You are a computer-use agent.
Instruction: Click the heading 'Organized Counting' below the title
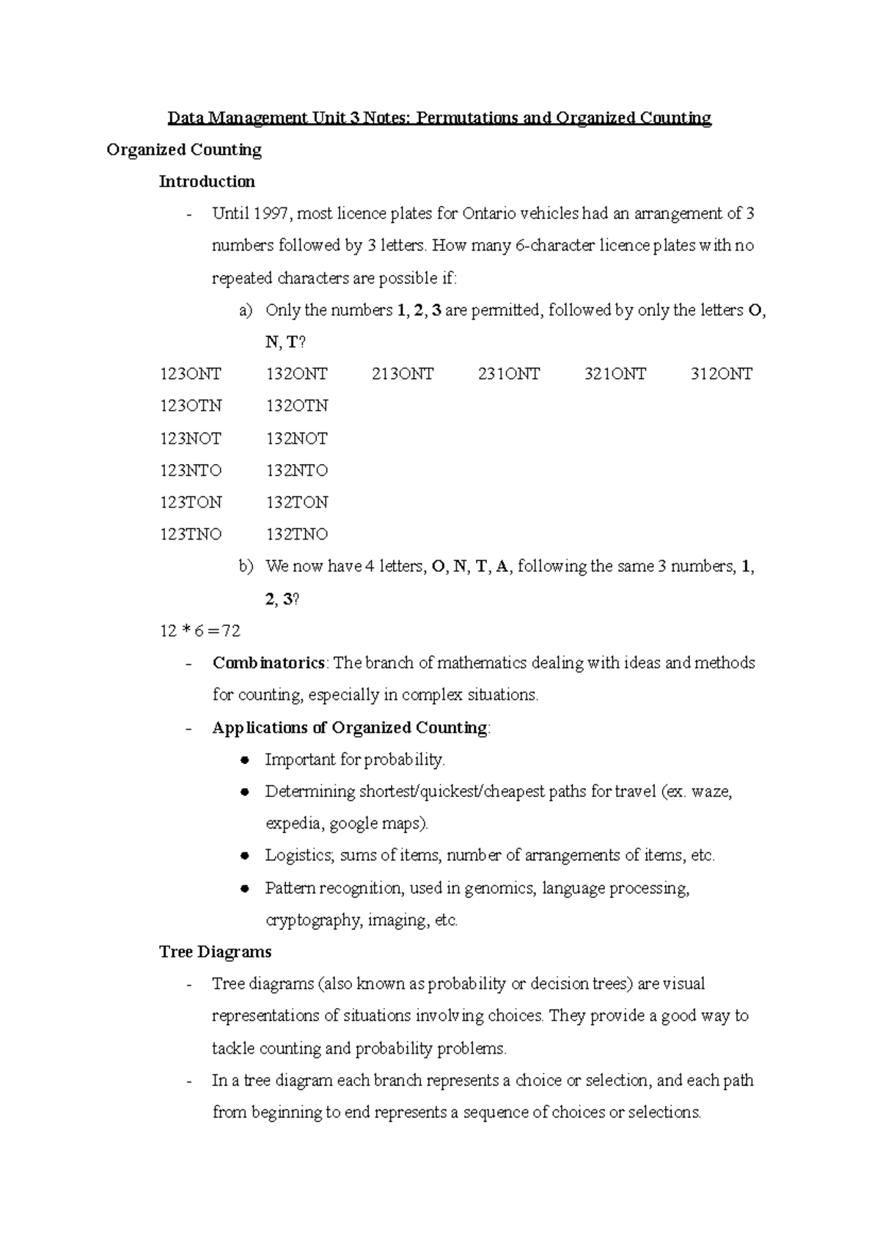(184, 150)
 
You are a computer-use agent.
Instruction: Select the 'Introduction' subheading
(207, 182)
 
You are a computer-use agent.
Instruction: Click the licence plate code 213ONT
(403, 375)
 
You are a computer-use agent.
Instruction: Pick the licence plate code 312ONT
(721, 375)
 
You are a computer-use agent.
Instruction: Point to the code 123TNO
(191, 534)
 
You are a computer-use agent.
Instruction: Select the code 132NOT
(296, 438)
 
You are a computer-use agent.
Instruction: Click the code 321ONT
(615, 375)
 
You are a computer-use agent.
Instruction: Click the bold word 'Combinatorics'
(268, 664)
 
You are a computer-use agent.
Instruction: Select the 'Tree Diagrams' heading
(215, 952)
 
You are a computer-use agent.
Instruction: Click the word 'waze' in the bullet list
(711, 792)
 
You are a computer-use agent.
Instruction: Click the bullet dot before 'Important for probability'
(246, 760)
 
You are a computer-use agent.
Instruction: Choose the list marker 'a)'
(246, 311)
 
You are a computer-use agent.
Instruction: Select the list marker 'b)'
(246, 567)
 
